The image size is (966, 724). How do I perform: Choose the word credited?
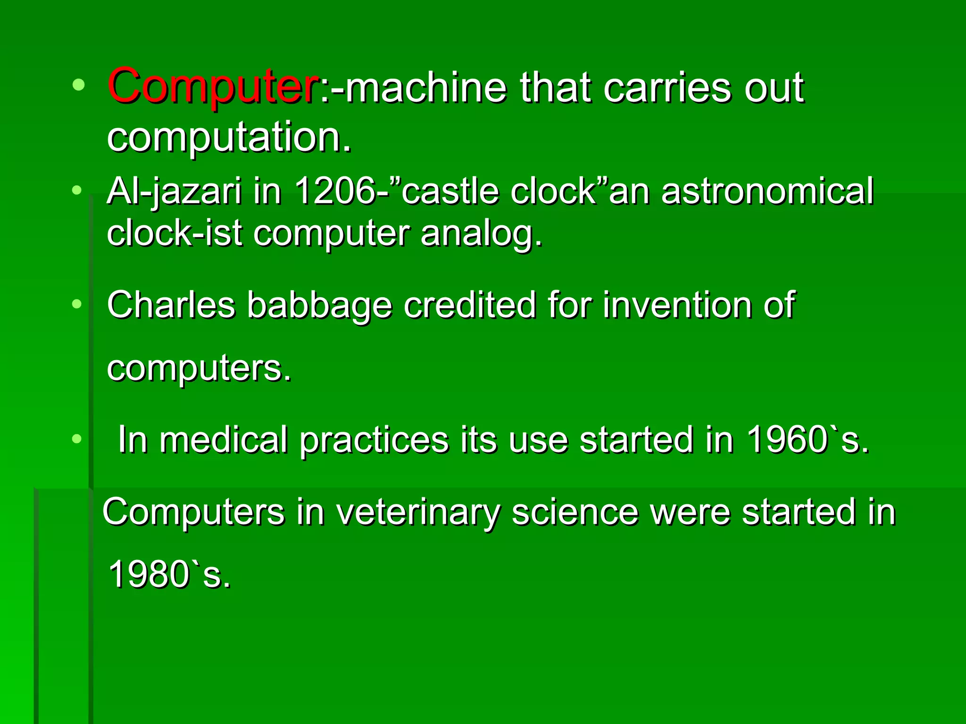pos(470,305)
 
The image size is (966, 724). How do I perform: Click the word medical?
pos(224,440)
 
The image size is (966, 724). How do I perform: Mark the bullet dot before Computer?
pos(79,85)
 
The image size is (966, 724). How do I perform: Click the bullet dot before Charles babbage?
pos(77,304)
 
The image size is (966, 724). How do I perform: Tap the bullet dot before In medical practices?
pos(77,439)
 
